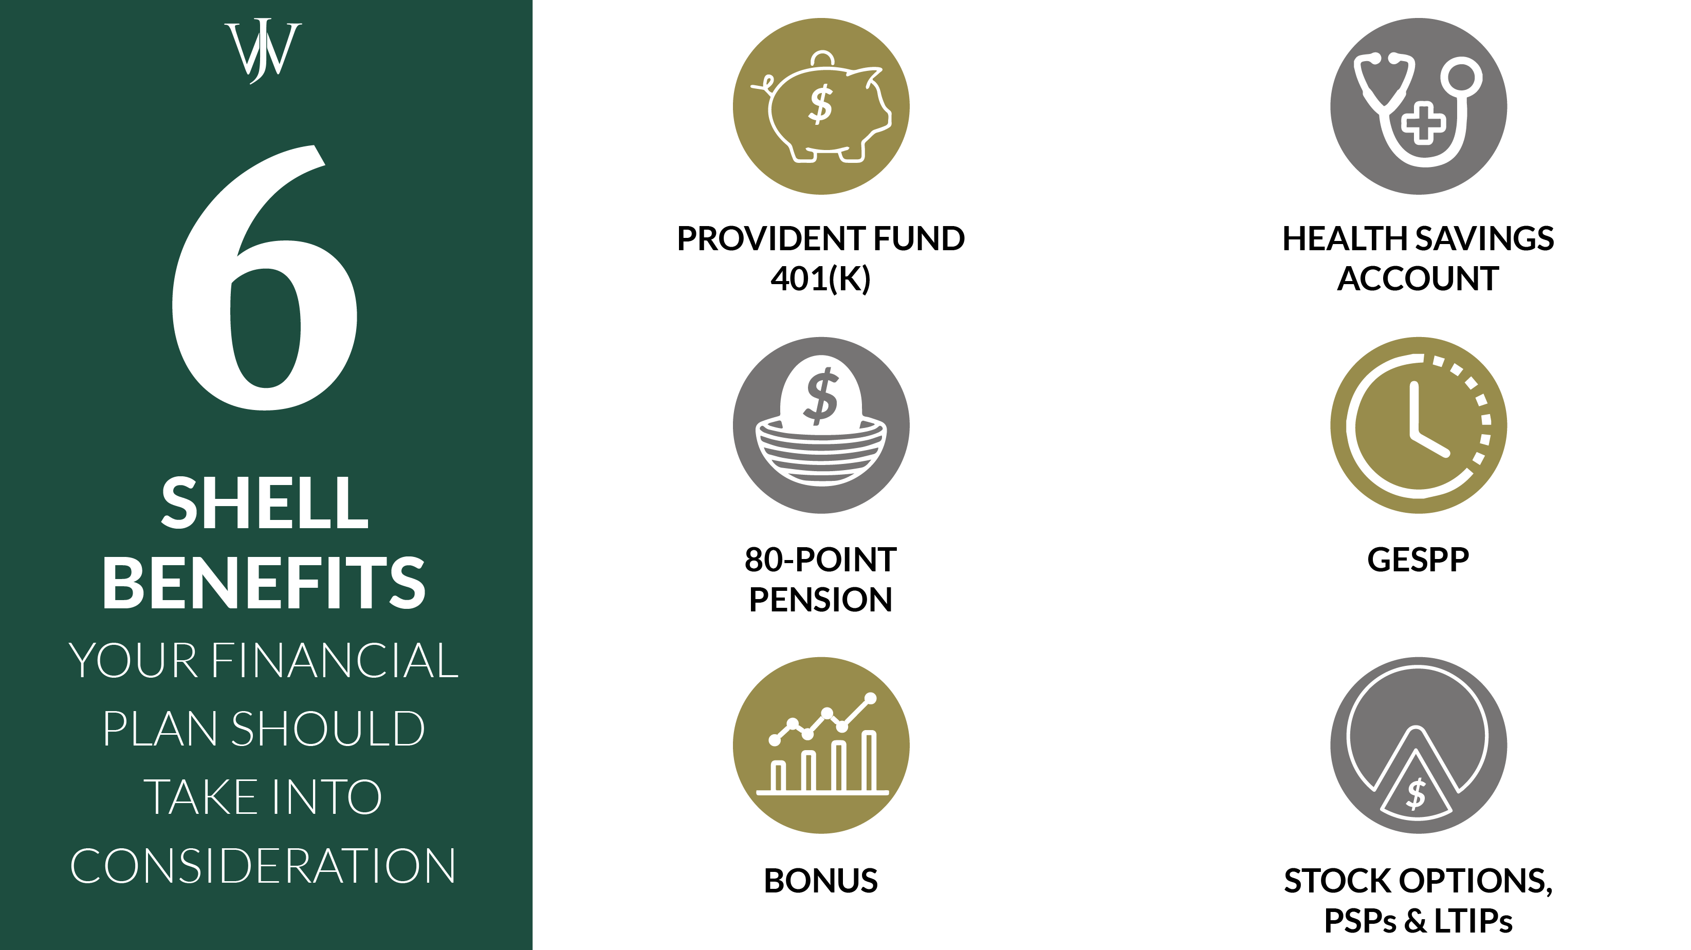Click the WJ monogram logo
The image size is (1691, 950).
263,51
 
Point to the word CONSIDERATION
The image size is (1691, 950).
263,867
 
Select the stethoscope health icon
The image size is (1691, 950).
1418,106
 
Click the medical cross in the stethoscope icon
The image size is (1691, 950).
1423,123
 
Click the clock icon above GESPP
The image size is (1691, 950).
1418,425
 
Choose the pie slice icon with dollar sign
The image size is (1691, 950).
1418,746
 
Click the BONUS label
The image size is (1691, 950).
820,881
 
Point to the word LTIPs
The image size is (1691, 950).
1473,921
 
